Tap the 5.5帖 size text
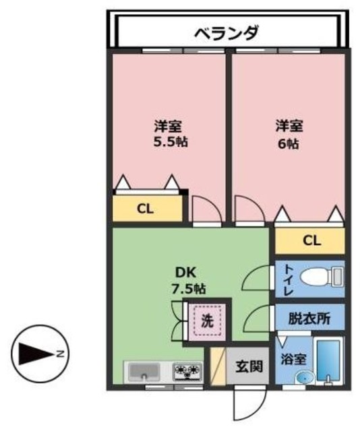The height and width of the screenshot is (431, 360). tap(169, 143)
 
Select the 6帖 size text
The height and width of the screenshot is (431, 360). tap(288, 143)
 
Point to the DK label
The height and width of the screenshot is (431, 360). tap(185, 273)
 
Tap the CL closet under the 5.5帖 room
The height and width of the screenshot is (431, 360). tap(146, 208)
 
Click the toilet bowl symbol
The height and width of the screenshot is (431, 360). tap(317, 277)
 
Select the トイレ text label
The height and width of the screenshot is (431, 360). tap(287, 278)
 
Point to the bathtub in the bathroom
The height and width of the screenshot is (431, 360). tap(330, 362)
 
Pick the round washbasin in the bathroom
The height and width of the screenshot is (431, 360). tap(302, 378)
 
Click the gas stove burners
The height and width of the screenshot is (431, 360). tap(188, 370)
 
